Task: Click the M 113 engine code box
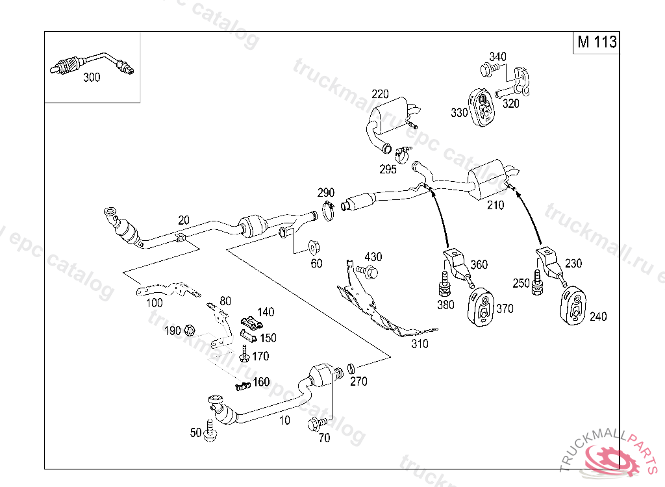click(x=596, y=42)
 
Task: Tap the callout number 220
click(x=380, y=94)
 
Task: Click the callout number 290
click(x=325, y=193)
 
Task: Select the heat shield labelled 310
click(x=377, y=312)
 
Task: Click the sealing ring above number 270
click(x=353, y=369)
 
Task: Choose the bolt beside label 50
click(x=209, y=432)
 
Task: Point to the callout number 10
click(x=284, y=420)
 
